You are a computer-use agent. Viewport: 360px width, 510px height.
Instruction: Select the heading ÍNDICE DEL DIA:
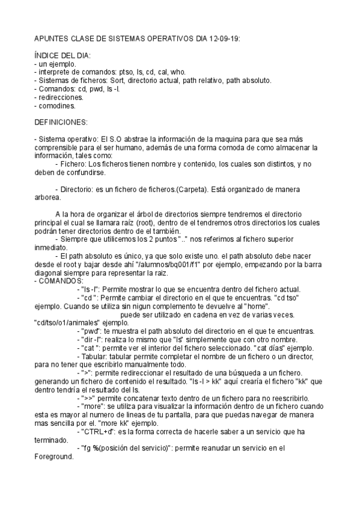click(63, 55)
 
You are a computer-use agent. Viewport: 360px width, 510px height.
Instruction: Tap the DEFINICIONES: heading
click(62, 121)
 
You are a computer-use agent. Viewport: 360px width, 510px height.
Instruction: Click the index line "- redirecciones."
click(59, 96)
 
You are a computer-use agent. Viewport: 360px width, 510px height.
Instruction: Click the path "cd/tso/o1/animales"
click(68, 322)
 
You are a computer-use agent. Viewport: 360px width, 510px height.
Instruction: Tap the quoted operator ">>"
click(88, 397)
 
